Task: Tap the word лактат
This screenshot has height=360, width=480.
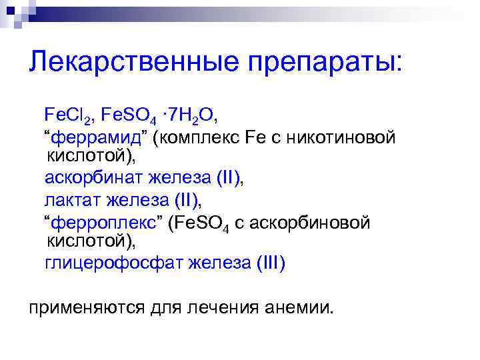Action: (x=70, y=199)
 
